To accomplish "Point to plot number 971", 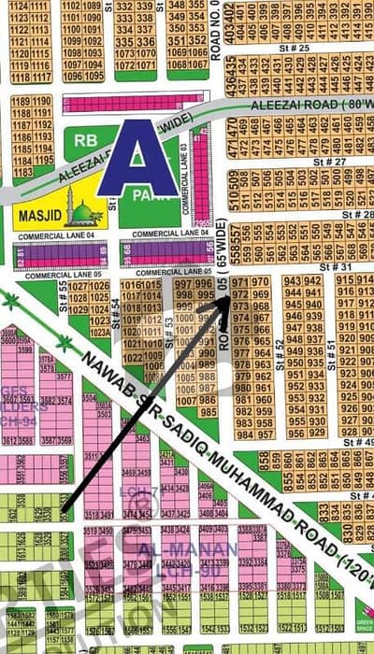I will pyautogui.click(x=240, y=281).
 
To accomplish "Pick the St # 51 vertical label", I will pyautogui.click(x=331, y=349).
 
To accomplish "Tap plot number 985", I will pyautogui.click(x=209, y=412).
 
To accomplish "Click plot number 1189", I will pyautogui.click(x=21, y=101).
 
